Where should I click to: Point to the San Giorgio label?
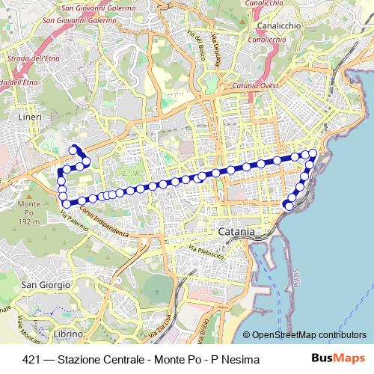[x=46, y=284]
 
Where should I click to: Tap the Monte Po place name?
[x=29, y=204]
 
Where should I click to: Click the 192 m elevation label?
[x=29, y=222]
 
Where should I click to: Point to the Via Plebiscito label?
[x=206, y=251]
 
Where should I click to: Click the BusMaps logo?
[x=340, y=359]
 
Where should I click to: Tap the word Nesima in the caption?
[x=242, y=360]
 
